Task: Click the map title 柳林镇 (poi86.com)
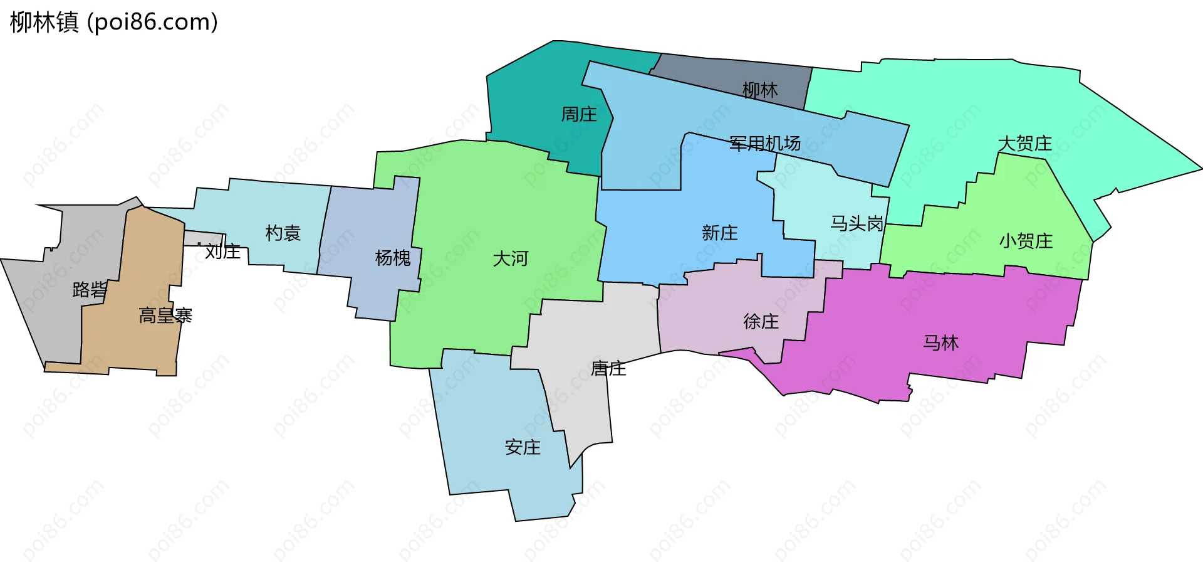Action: [114, 22]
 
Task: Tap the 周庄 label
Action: [578, 114]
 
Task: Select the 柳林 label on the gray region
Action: [760, 90]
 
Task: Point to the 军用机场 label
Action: [764, 144]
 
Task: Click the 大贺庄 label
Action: [1024, 144]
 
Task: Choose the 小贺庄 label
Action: [1026, 241]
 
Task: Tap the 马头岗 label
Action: [857, 223]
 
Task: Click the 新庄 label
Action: [719, 233]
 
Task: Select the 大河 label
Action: [510, 258]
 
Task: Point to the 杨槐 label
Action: [392, 258]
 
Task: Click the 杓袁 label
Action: [283, 233]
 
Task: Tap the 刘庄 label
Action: [222, 252]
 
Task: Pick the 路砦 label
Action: [90, 289]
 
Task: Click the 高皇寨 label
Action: [165, 315]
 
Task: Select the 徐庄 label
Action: [761, 322]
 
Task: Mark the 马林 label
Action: [940, 342]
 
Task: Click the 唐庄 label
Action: [608, 368]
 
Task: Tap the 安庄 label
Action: [522, 447]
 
